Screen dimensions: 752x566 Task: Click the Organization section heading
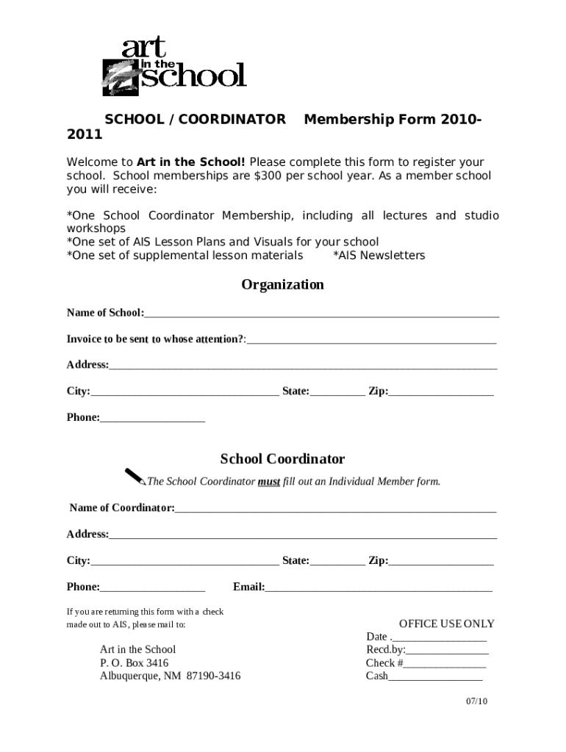(x=282, y=285)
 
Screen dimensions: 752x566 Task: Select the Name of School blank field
(x=321, y=313)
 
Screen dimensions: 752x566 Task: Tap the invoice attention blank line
(x=371, y=339)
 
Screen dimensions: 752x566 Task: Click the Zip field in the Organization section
(x=440, y=391)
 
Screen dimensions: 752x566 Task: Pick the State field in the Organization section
(x=337, y=391)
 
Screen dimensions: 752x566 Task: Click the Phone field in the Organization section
(x=152, y=418)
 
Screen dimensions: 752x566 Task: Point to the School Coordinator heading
(x=282, y=459)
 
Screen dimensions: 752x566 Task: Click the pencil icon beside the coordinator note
(x=135, y=477)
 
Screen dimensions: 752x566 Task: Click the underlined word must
(x=268, y=482)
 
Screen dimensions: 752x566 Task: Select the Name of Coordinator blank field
(x=335, y=508)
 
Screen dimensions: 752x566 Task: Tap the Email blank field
(x=378, y=587)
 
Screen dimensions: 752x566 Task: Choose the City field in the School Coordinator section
(x=184, y=561)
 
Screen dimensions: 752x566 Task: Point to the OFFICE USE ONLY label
(x=446, y=623)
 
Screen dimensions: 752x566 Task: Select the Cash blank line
(x=435, y=676)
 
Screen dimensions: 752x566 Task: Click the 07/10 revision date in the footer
(x=476, y=701)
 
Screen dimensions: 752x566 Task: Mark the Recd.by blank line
(x=447, y=650)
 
